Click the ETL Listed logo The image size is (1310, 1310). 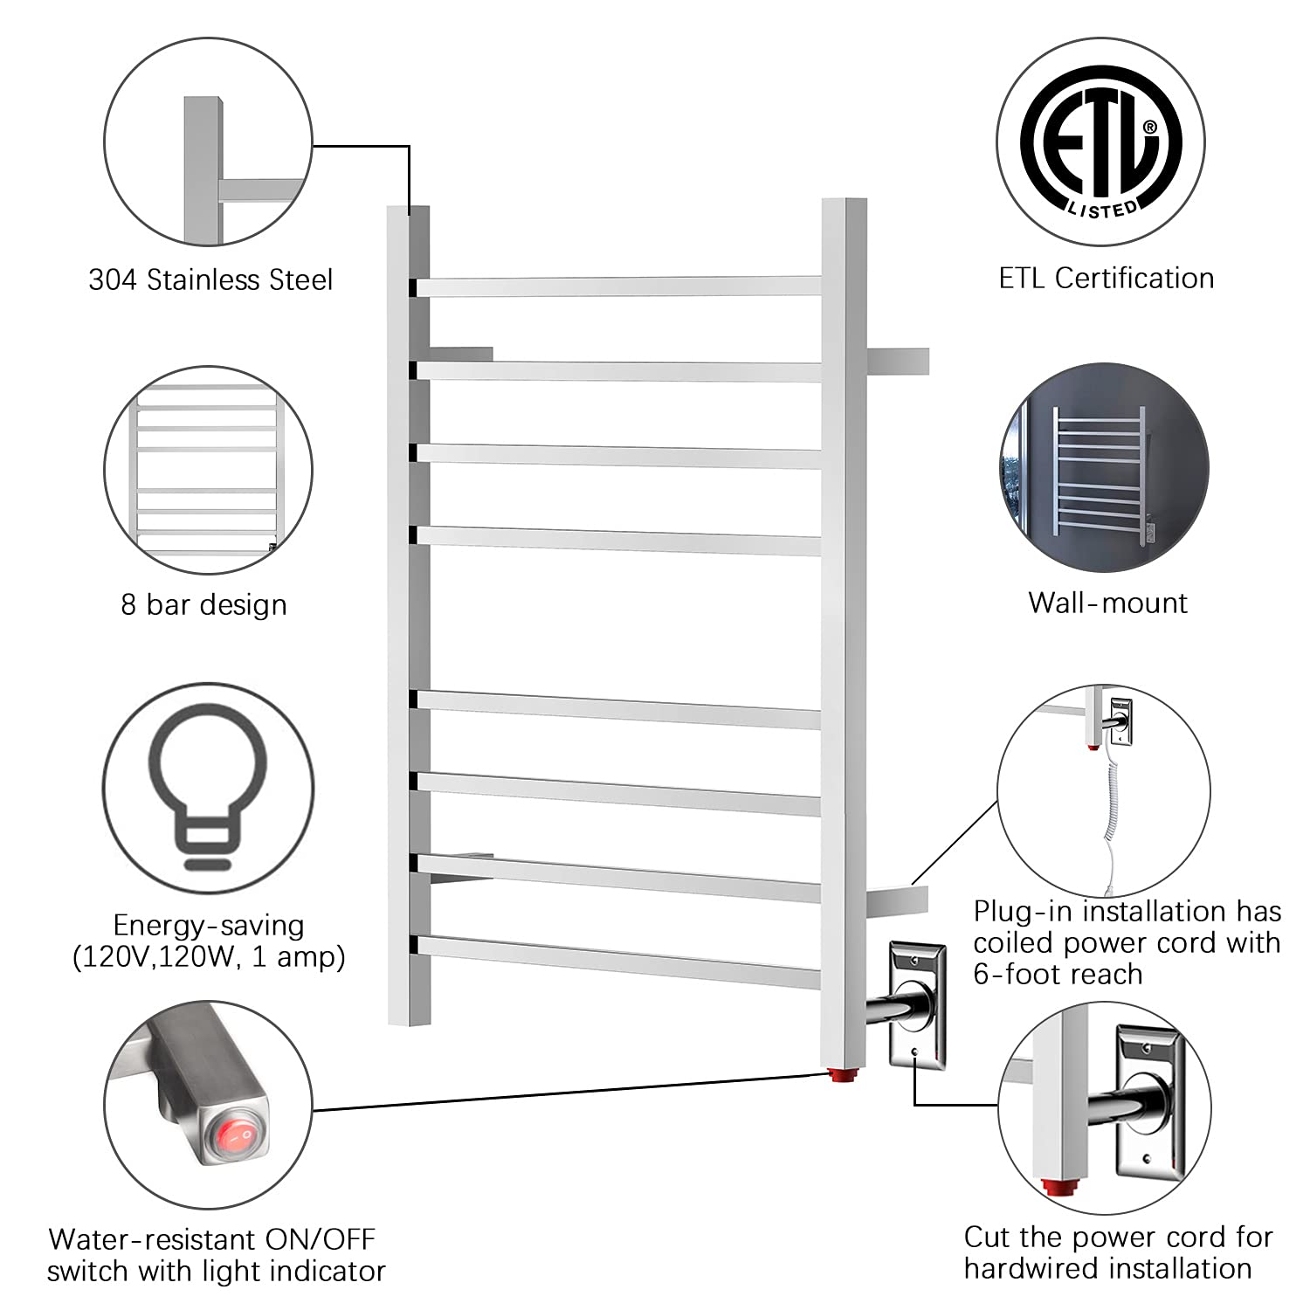(1101, 142)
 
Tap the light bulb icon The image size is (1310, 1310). (207, 785)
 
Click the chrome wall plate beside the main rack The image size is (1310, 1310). (917, 1004)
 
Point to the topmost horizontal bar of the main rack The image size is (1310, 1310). (618, 286)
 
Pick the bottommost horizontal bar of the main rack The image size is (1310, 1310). (618, 962)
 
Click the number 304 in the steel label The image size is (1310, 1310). (113, 279)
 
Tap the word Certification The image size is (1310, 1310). (1134, 278)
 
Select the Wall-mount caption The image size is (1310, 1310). (1107, 603)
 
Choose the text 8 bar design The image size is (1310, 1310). (203, 604)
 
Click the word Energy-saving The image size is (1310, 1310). (209, 925)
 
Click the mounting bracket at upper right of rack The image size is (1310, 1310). (898, 361)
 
